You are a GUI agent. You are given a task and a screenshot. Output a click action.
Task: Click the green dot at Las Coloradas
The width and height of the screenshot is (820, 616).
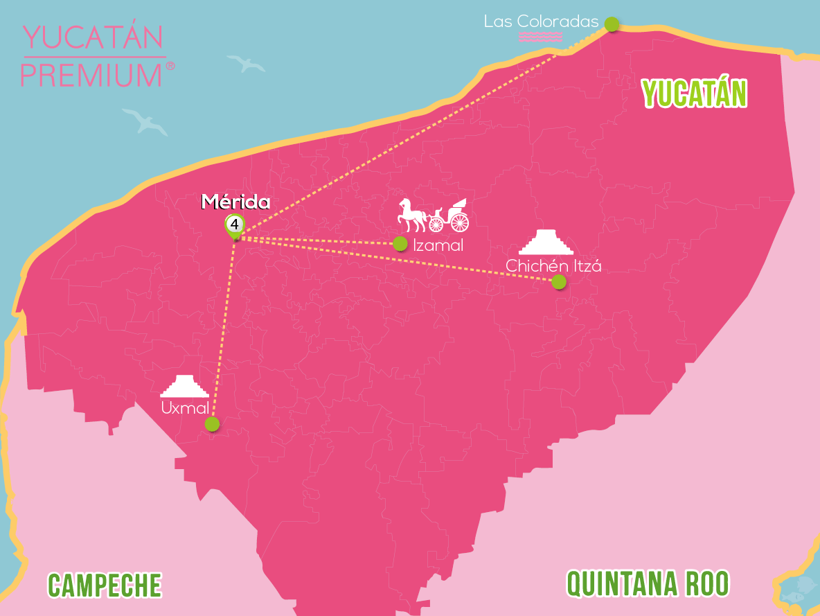(612, 24)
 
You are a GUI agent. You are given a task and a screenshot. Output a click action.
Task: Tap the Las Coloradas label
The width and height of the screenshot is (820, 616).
(541, 21)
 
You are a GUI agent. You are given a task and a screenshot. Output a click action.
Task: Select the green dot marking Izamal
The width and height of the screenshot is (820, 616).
(400, 243)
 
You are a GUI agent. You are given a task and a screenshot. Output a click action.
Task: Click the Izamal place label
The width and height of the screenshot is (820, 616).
(437, 245)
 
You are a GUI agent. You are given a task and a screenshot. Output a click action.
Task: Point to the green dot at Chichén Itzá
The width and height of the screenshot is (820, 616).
(558, 281)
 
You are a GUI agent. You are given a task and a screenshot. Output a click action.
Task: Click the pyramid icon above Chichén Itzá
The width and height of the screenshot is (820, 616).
(546, 242)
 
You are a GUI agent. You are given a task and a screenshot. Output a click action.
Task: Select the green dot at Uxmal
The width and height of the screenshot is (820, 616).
(212, 424)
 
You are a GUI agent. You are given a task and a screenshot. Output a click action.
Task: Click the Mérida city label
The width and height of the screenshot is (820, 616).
(235, 202)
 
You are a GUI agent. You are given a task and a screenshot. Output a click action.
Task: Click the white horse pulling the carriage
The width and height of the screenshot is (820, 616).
(412, 214)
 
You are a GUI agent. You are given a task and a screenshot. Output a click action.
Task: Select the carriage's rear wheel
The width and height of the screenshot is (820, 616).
(459, 222)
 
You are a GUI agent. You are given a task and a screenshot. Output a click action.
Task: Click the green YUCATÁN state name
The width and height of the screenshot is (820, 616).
(695, 94)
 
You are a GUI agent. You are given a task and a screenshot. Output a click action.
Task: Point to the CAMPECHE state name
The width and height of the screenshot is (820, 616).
(105, 585)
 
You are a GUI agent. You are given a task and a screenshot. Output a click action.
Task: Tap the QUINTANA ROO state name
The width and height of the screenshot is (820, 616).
(648, 583)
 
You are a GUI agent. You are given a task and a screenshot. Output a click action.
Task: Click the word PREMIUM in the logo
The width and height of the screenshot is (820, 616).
(92, 74)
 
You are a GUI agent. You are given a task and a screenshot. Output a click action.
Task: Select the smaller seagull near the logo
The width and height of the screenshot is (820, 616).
(247, 64)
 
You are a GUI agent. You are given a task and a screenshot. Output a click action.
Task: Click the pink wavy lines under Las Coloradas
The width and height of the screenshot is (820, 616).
(540, 37)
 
